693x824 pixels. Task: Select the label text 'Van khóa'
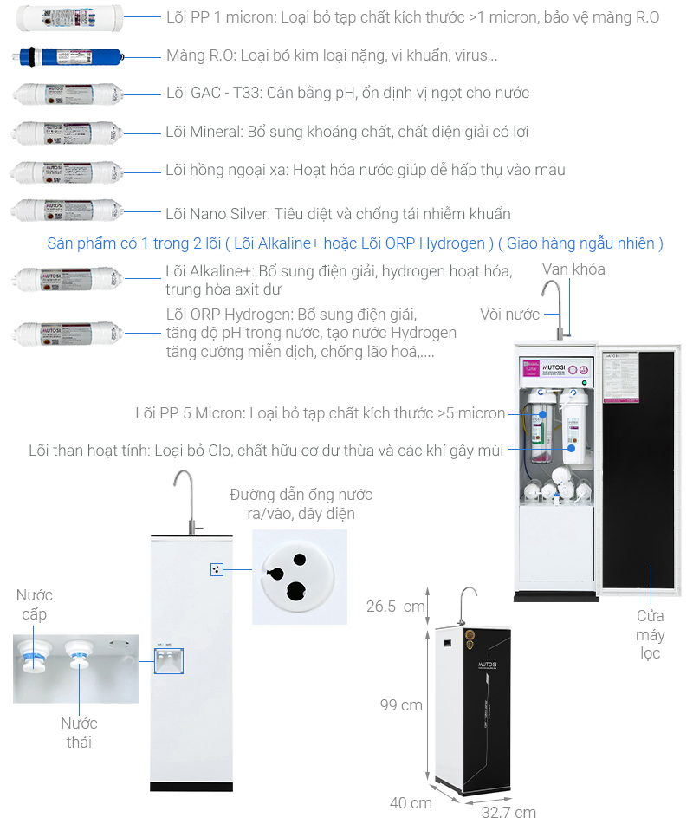pos(573,269)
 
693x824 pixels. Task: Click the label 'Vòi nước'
pos(509,314)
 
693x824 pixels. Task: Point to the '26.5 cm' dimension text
pos(395,606)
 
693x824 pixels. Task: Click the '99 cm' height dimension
pos(401,704)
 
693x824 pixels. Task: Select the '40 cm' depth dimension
pos(410,802)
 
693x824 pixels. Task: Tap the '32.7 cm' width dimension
pos(508,811)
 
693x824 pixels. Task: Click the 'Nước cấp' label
pos(34,605)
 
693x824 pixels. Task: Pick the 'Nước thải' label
pos(79,732)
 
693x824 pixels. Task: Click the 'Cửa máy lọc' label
pos(650,634)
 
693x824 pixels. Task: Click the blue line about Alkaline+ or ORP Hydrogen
pos(355,243)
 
